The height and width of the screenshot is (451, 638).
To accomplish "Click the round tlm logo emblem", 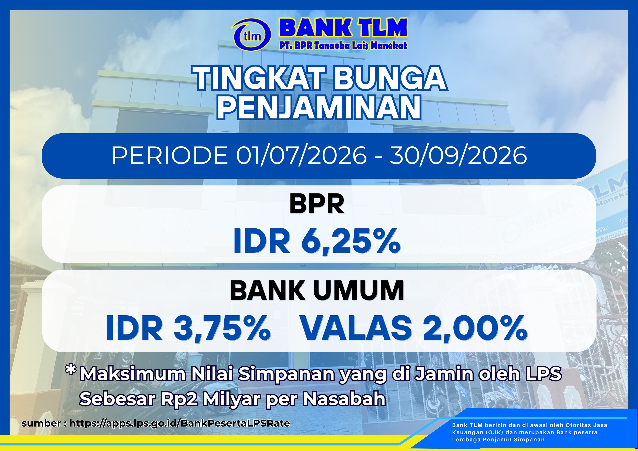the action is [251, 35].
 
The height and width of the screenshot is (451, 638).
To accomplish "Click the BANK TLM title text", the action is [343, 28].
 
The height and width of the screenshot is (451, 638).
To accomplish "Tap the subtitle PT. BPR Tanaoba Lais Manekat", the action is [343, 46].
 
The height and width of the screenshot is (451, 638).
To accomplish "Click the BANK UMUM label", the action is [317, 291].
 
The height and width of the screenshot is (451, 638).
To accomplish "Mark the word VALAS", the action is [356, 328].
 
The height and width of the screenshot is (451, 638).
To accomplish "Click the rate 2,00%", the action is [475, 328].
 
